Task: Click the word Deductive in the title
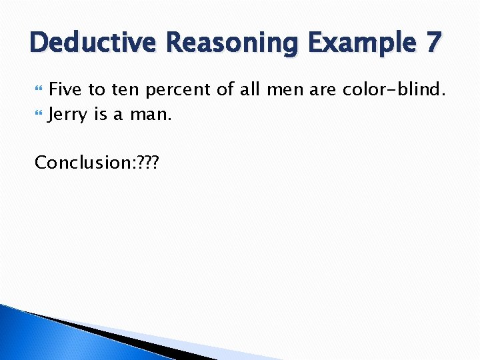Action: [93, 42]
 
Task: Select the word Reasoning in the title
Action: [233, 43]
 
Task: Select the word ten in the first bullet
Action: [126, 89]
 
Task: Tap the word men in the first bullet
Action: [288, 89]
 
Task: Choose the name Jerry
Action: [68, 115]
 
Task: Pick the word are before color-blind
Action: [323, 89]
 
